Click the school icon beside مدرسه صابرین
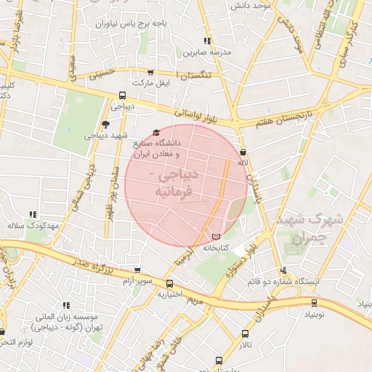point(208,41)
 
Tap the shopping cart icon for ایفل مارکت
point(150,72)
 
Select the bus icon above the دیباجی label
point(121,94)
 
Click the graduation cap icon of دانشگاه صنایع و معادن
point(155,132)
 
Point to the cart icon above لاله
point(243,153)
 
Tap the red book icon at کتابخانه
point(215,237)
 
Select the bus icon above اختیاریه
point(169,284)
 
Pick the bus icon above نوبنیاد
point(314,303)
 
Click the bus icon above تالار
point(245,334)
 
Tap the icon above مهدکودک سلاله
point(32,215)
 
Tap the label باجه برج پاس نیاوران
point(139,24)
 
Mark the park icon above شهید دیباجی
point(106,124)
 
